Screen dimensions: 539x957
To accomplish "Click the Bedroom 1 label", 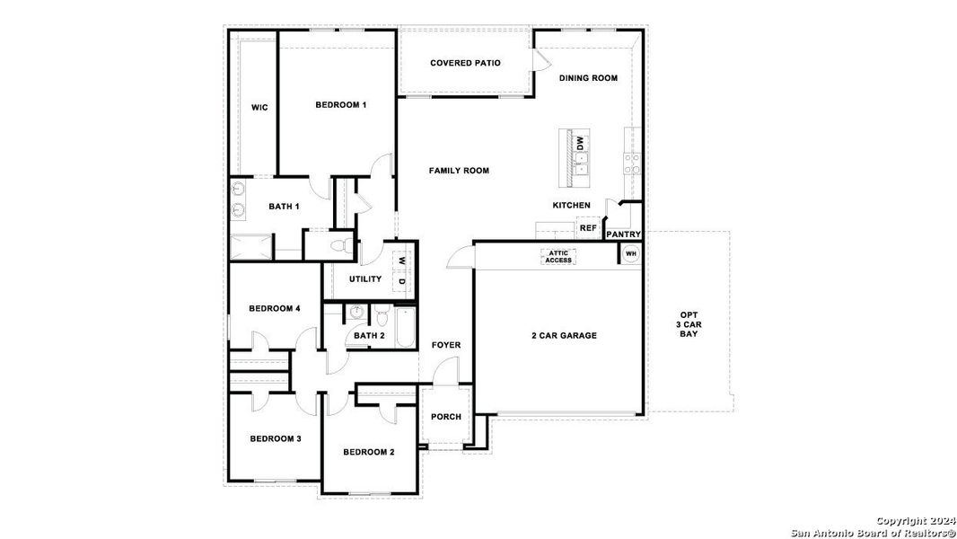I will [341, 105].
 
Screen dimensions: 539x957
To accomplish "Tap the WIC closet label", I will [259, 108].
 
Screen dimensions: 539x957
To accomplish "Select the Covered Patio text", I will [465, 63].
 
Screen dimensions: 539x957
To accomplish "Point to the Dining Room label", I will [588, 78].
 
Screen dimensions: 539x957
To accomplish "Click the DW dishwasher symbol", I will [580, 142].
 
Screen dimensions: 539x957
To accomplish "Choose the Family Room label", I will [459, 171].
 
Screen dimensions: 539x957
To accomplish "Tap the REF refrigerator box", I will [588, 228].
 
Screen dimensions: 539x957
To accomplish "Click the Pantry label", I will [623, 235].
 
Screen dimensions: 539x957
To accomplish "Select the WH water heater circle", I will [630, 254].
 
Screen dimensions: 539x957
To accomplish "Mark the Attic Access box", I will [558, 257].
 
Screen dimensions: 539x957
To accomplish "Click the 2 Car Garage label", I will [564, 336].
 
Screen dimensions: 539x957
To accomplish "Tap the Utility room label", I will [365, 279].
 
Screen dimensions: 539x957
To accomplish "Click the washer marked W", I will [402, 261].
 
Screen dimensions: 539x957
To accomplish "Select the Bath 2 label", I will [368, 336].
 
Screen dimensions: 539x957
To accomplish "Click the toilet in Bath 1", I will [341, 244].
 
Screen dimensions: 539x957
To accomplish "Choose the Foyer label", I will [446, 345].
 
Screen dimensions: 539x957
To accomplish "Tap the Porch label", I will [446, 417].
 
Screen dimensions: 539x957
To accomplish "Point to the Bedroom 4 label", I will [274, 309].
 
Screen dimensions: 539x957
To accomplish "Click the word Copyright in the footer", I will [901, 521].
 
